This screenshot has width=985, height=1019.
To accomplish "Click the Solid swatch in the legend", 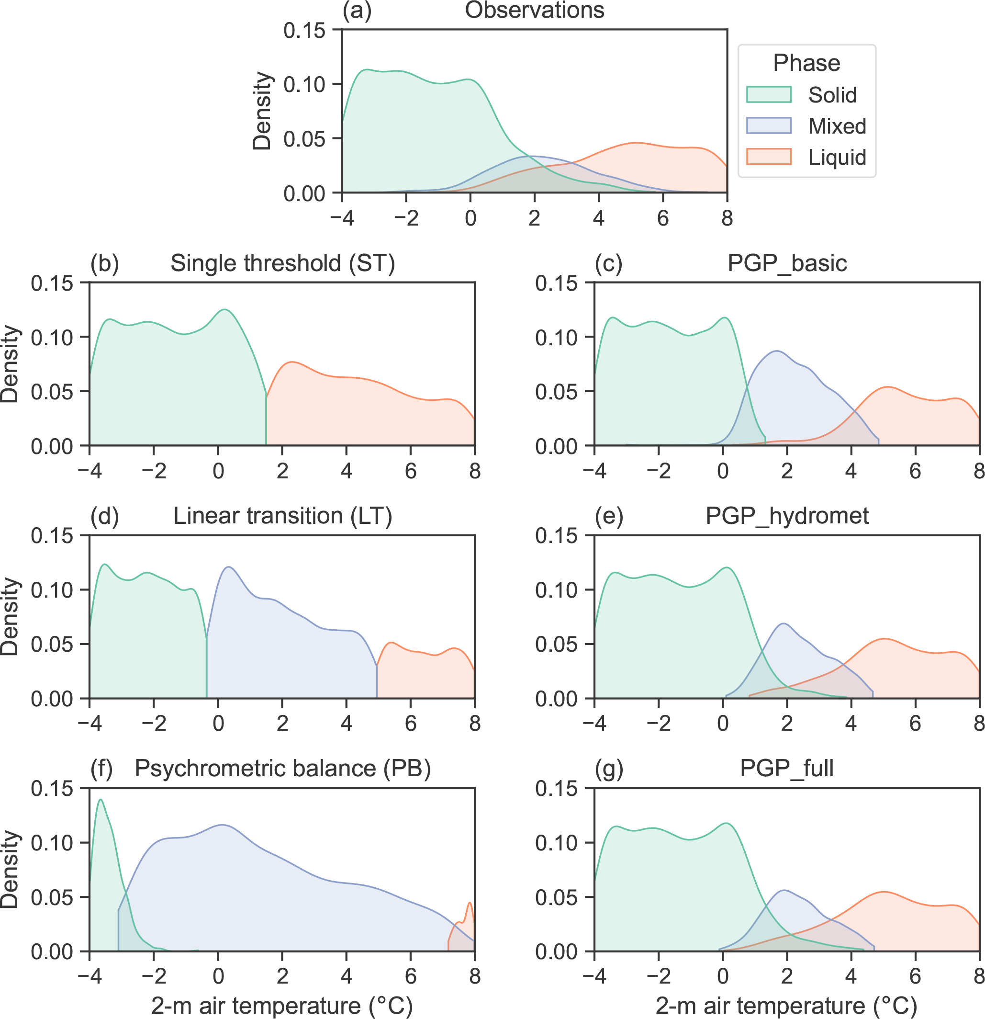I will click(x=768, y=95).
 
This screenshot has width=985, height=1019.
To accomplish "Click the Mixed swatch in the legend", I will click(x=768, y=126).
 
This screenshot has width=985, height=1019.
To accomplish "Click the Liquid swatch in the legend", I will click(x=768, y=157).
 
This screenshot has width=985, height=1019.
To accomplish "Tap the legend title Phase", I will click(x=806, y=63).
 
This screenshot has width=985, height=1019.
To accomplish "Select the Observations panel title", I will click(x=534, y=11).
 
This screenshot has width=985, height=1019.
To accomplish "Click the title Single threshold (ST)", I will click(x=282, y=263).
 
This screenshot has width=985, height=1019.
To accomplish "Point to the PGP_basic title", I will click(x=787, y=263).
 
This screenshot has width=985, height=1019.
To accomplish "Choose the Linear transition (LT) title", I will click(x=282, y=516).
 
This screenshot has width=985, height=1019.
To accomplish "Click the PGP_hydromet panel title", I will click(x=787, y=516).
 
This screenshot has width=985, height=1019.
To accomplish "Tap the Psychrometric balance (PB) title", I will click(x=282, y=769).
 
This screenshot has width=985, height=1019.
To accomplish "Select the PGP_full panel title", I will click(x=787, y=769).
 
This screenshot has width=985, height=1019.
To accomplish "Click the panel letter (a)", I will click(x=357, y=11).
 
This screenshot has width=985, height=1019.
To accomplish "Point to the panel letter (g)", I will click(x=609, y=769).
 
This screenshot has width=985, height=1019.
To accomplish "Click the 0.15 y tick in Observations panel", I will click(x=304, y=31).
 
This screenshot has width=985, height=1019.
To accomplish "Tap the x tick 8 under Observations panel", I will click(x=727, y=218).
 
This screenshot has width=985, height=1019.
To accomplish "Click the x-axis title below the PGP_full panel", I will click(x=787, y=1006).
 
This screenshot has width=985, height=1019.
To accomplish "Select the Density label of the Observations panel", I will click(x=262, y=111).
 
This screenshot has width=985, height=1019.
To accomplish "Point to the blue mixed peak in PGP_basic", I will click(x=777, y=352).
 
